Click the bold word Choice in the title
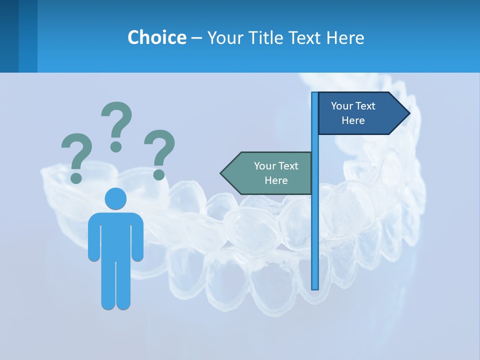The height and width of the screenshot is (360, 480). [156, 37]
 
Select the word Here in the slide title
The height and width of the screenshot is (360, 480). [345, 37]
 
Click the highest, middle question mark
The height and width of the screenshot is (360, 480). [116, 126]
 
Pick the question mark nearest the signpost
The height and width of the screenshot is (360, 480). [159, 154]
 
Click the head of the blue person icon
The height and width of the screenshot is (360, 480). [115, 198]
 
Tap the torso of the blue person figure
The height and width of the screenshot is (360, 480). [115, 235]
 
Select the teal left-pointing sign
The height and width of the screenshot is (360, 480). [270, 173]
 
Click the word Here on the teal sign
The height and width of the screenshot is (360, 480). [276, 180]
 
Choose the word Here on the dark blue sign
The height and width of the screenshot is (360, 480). [353, 120]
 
